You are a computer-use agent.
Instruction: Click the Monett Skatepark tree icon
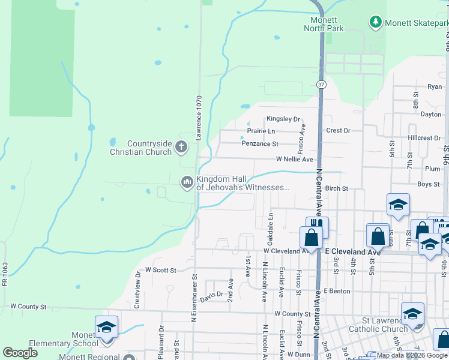376,22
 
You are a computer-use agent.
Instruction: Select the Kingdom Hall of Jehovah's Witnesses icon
187,181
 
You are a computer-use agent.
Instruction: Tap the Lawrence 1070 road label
199,117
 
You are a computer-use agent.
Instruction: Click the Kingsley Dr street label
283,119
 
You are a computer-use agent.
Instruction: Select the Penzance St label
260,144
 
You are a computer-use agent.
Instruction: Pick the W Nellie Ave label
295,160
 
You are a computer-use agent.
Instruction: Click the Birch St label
337,188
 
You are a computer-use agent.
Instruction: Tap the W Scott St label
160,271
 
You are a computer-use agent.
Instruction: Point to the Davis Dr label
212,295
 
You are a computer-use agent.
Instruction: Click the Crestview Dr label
138,290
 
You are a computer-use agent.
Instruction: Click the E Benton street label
337,291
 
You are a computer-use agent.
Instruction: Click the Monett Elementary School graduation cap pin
106,328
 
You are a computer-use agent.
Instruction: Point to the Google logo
20,353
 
